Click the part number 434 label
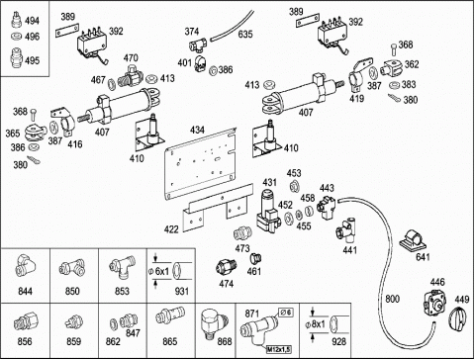(x=197, y=130)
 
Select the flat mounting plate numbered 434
(x=201, y=163)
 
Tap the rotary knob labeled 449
(x=457, y=317)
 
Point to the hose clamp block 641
(x=413, y=241)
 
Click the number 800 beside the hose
(x=392, y=299)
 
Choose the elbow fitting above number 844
(x=24, y=265)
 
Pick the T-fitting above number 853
(x=122, y=267)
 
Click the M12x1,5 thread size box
(x=279, y=349)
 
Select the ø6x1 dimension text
(x=159, y=271)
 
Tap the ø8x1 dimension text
(x=315, y=324)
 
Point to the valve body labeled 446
(x=434, y=303)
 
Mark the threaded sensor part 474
(x=226, y=267)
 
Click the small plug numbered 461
(x=255, y=258)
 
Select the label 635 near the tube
(x=245, y=34)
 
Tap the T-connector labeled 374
(x=198, y=45)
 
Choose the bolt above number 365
(x=34, y=115)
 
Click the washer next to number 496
(x=16, y=36)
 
